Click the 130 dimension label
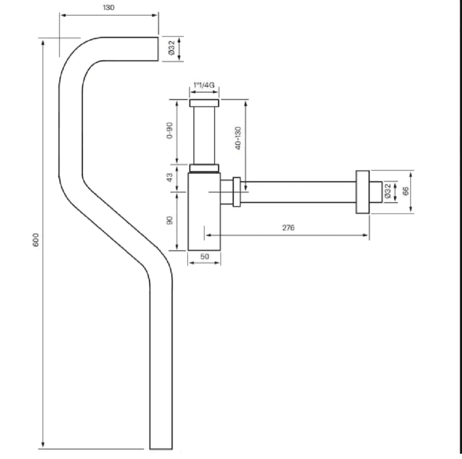point(109,8)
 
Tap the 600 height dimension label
point(35,240)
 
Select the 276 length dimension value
point(288,227)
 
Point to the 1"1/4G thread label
point(204,85)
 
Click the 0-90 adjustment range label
point(169,130)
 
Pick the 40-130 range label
point(238,138)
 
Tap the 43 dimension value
point(169,177)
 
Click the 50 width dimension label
point(204,256)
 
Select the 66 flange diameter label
point(405,191)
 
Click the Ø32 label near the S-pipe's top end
point(171,48)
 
